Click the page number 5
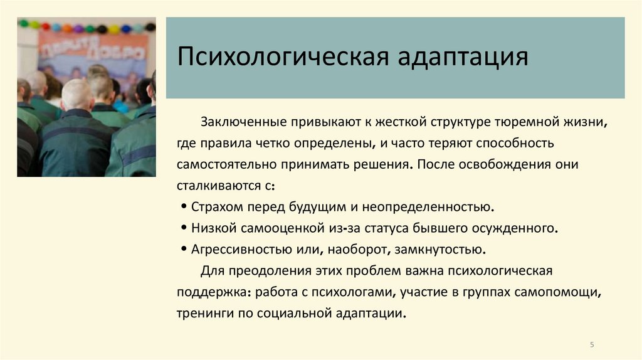(592, 344)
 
